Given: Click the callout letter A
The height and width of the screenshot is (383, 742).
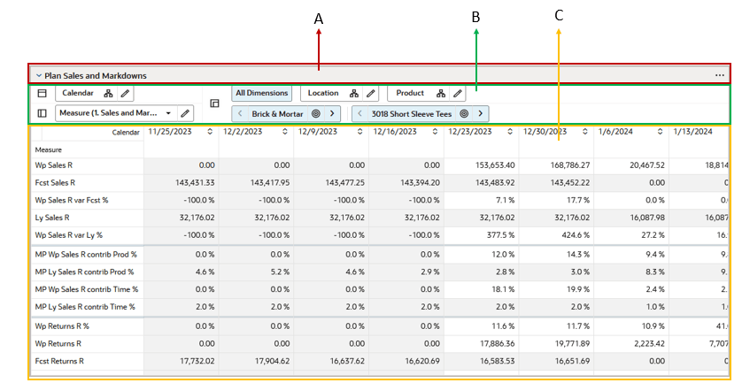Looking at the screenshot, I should click(x=319, y=17).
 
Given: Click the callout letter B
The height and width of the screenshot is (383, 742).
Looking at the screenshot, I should click(x=475, y=17).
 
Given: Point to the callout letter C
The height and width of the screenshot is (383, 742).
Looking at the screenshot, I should click(x=559, y=15).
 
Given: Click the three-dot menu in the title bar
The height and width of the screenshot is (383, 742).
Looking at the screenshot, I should click(x=719, y=76).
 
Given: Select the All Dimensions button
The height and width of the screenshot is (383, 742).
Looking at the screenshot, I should click(x=261, y=93).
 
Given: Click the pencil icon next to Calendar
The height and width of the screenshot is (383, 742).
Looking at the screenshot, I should click(x=126, y=93).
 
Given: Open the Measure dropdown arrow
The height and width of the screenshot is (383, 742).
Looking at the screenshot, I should click(x=168, y=113).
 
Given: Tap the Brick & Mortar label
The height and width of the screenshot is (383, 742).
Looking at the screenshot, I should click(x=277, y=114).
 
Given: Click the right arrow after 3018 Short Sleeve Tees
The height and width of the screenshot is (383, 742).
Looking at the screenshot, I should click(x=481, y=113).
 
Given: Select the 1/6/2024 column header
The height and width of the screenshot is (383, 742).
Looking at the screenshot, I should click(x=618, y=132).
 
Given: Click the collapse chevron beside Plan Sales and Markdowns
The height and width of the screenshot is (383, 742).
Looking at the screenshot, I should click(x=39, y=76).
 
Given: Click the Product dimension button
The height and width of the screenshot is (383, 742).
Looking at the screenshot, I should click(x=410, y=93).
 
